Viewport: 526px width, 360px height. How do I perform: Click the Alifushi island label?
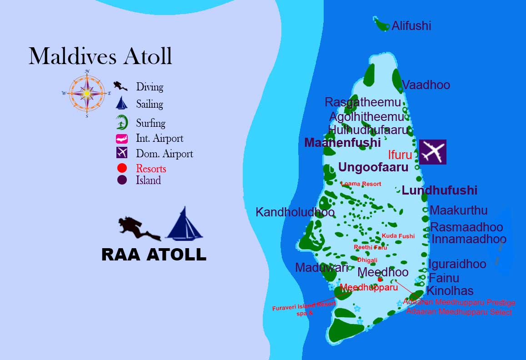pos(411,26)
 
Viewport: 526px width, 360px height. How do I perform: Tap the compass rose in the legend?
pos(87,93)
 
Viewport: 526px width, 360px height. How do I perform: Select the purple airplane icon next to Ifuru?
pos(432,152)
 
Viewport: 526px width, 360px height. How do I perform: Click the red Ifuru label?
pos(400,155)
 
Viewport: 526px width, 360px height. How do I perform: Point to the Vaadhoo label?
pos(426,85)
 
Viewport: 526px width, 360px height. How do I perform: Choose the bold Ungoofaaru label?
pos(373,167)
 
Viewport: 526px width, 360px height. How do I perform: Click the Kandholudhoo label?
pos(295,212)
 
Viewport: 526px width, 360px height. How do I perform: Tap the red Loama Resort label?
pos(361,184)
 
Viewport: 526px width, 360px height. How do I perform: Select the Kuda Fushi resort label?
pos(398,236)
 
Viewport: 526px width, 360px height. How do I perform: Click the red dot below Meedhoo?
pos(380,280)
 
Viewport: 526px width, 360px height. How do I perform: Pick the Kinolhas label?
pos(450,291)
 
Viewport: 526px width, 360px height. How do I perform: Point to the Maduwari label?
pos(321,268)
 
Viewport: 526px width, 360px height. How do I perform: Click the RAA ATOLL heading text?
pos(154,255)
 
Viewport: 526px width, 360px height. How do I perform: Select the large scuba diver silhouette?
pos(138,229)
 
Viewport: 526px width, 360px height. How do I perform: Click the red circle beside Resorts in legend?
pos(122,169)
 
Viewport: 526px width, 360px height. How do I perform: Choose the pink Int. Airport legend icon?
pos(121,139)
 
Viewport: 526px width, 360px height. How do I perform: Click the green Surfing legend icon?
pos(121,122)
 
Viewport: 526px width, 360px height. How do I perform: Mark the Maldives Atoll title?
pos(100,56)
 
